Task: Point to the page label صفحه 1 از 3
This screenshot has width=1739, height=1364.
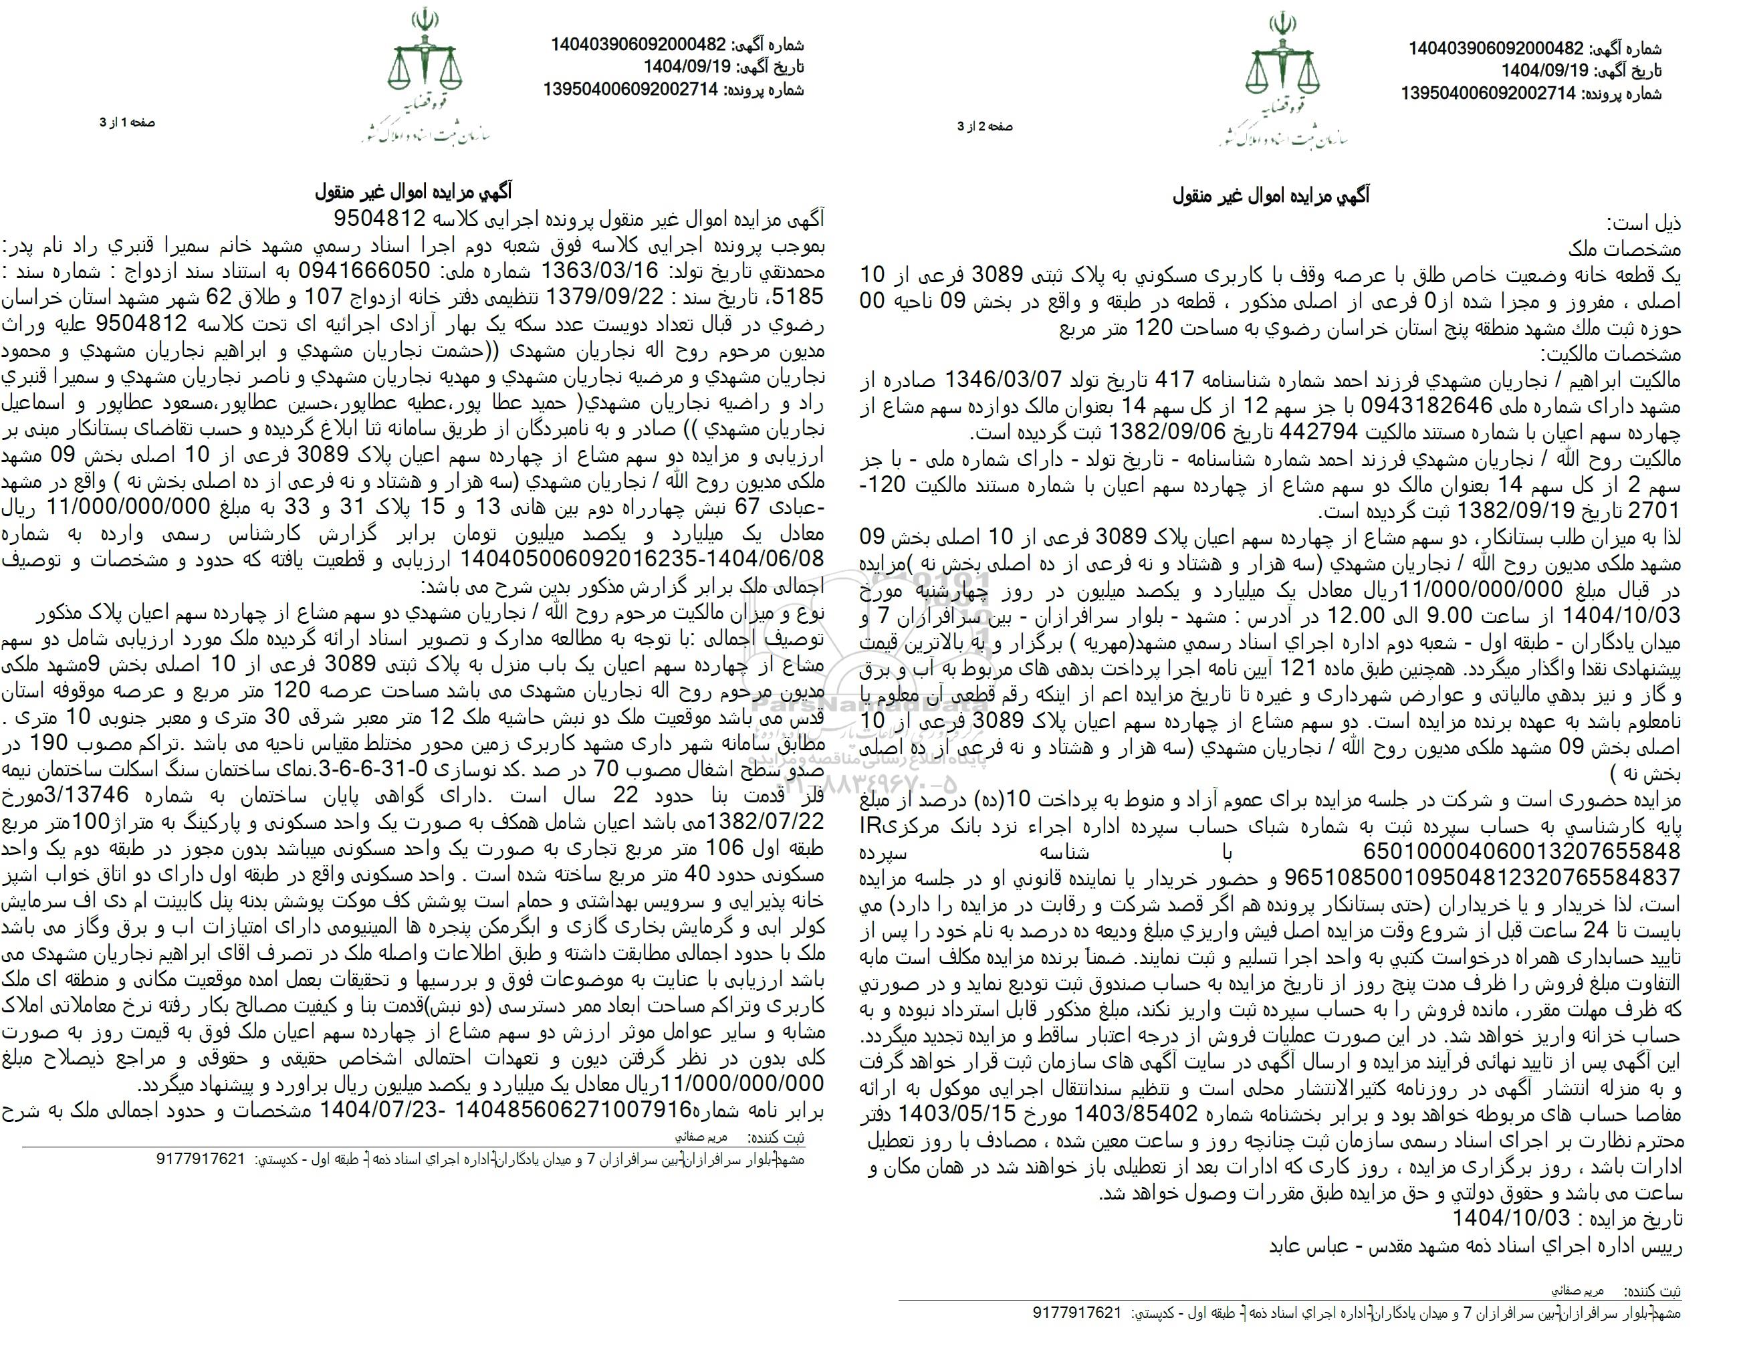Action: (x=127, y=122)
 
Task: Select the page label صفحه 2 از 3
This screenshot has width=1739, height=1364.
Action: (x=986, y=126)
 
